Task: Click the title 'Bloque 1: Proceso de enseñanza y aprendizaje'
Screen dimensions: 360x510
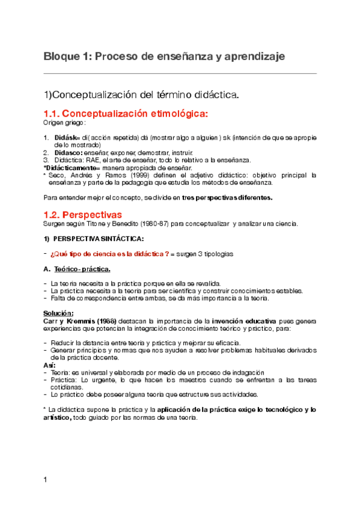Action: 163,57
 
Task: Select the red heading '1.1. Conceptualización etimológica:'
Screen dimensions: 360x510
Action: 127,114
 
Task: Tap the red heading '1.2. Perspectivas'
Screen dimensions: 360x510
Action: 83,215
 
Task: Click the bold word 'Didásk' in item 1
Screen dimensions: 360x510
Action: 64,138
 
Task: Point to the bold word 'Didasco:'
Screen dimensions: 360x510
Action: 66,153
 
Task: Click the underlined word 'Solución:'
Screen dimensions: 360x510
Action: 59,313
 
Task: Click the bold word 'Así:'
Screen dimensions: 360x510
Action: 50,364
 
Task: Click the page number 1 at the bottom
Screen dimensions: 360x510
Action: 45,479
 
